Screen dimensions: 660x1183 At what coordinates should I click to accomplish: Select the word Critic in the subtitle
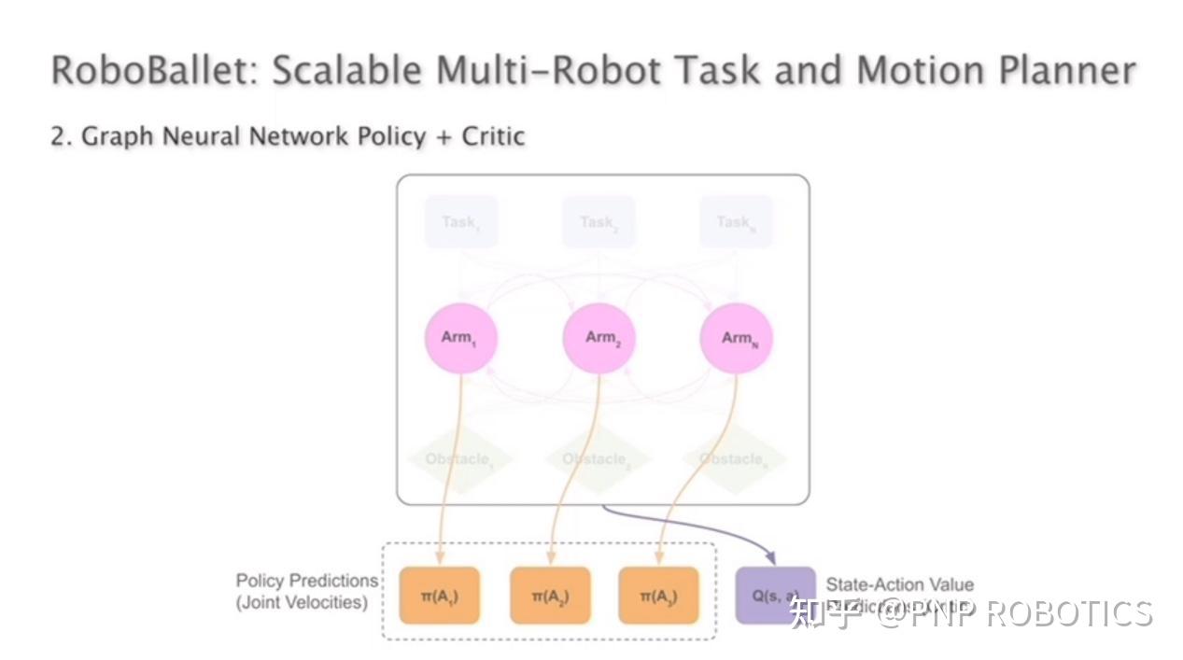(493, 136)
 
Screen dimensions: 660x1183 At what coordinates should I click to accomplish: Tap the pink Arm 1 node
(460, 338)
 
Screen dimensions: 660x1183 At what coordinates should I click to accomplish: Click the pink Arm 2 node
(599, 338)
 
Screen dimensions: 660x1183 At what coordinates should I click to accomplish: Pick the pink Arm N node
(737, 338)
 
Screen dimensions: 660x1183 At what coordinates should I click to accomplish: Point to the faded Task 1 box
(460, 222)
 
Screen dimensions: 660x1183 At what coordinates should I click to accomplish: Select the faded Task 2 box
(599, 222)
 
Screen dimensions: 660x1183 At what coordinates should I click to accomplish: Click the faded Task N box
(736, 222)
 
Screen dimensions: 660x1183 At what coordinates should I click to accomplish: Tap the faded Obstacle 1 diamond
(460, 459)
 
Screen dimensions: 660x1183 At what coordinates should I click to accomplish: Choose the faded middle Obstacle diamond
(598, 459)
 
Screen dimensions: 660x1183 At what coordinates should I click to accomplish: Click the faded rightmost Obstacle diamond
(734, 459)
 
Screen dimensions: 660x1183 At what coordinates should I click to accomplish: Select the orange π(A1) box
(439, 596)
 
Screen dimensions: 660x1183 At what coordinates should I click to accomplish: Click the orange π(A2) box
(550, 596)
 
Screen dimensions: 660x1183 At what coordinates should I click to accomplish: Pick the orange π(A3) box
(658, 596)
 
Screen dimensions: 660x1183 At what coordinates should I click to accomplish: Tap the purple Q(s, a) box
(775, 596)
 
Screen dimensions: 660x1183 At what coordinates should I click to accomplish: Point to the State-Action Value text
(899, 585)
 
